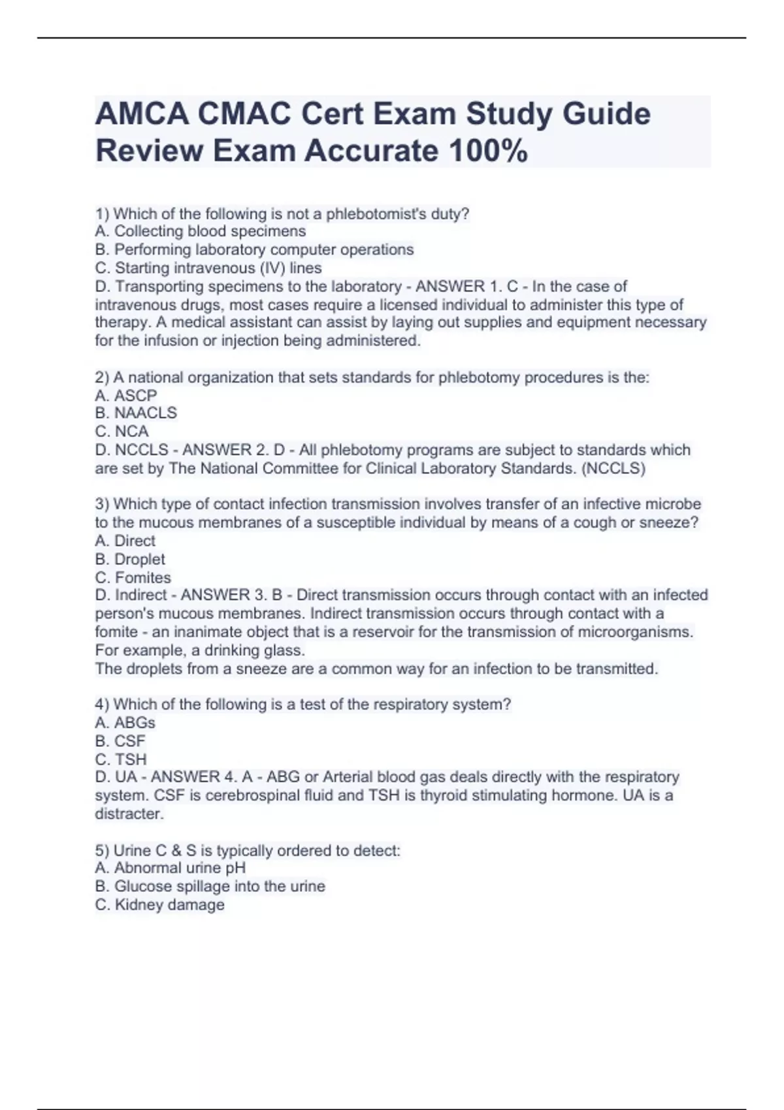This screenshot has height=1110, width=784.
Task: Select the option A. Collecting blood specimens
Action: (200, 231)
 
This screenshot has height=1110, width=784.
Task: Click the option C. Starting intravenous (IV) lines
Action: (208, 268)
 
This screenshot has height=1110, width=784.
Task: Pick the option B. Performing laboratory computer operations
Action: (254, 249)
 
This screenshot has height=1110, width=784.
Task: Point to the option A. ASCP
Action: (126, 396)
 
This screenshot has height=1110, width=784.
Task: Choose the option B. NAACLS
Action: (136, 413)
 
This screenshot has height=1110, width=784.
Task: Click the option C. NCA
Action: (122, 432)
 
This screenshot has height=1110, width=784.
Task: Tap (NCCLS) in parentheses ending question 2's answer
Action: (613, 468)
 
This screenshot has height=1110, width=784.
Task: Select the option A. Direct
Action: (125, 541)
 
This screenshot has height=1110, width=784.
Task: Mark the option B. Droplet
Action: (130, 560)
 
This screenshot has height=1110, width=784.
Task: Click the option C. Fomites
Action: (133, 578)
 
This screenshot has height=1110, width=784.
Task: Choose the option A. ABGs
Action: (125, 723)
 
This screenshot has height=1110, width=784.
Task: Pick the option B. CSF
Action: (120, 741)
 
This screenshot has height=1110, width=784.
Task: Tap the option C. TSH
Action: (121, 759)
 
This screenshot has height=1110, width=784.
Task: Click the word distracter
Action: (129, 814)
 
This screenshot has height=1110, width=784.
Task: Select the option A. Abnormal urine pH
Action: (170, 868)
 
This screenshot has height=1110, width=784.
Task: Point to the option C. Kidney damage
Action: (159, 905)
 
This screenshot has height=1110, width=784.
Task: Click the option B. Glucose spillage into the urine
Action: (210, 886)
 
